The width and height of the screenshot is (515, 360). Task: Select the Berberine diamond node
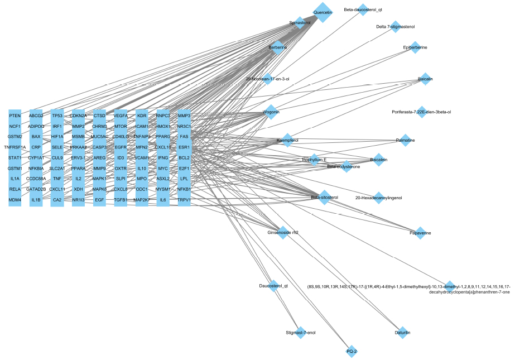tap(278, 47)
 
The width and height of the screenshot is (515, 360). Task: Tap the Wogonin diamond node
tap(271, 112)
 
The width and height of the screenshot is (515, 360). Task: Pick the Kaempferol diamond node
tap(283, 140)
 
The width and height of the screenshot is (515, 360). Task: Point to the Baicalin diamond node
tap(425, 79)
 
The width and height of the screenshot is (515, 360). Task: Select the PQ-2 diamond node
tap(352, 351)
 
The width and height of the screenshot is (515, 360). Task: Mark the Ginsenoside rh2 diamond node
tap(283, 233)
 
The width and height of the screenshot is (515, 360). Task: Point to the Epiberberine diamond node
tap(415, 48)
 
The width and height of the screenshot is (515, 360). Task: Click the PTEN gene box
tap(15, 116)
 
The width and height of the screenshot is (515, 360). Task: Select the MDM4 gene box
tap(15, 200)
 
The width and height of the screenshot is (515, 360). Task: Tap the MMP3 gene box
tap(184, 116)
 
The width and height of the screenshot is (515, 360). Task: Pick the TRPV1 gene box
tap(184, 200)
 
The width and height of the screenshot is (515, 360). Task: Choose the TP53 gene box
tap(57, 116)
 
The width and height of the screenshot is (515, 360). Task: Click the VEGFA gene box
tap(121, 116)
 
